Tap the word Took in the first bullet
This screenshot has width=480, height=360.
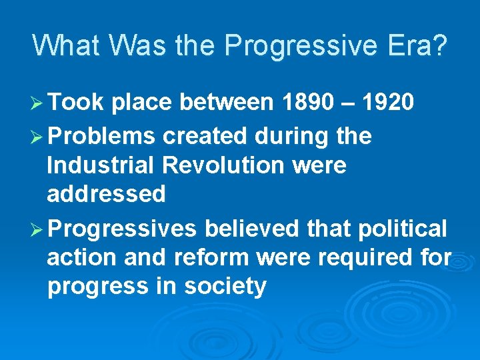(x=76, y=103)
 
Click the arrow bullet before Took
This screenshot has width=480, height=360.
(x=37, y=103)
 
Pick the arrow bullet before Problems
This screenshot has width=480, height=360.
(x=37, y=137)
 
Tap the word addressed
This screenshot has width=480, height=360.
(x=106, y=194)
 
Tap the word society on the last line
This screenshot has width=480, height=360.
(x=225, y=287)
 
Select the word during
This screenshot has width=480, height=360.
(x=293, y=137)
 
